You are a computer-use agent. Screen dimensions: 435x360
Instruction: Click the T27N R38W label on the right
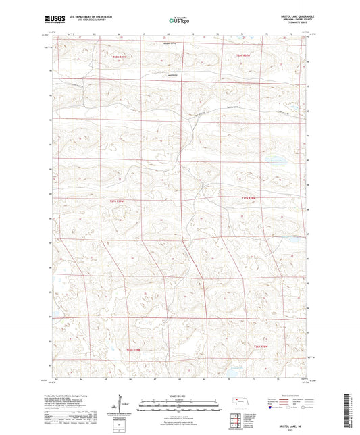pos(249,198)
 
